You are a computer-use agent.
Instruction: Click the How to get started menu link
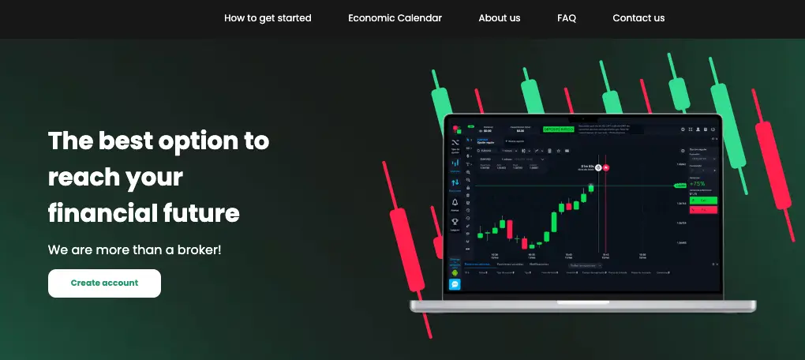(268, 18)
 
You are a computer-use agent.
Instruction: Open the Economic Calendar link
(395, 18)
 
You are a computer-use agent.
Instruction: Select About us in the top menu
(499, 18)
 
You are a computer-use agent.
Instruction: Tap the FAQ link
(567, 18)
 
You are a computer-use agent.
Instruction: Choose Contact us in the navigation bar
(638, 18)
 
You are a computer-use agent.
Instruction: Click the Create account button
(104, 283)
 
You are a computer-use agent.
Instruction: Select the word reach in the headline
(83, 177)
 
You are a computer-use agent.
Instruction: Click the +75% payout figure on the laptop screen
(698, 183)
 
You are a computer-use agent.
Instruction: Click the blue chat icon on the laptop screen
(455, 284)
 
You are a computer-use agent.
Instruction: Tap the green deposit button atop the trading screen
(557, 129)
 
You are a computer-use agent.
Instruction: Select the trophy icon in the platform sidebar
(455, 223)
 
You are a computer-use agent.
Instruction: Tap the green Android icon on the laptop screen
(455, 272)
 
